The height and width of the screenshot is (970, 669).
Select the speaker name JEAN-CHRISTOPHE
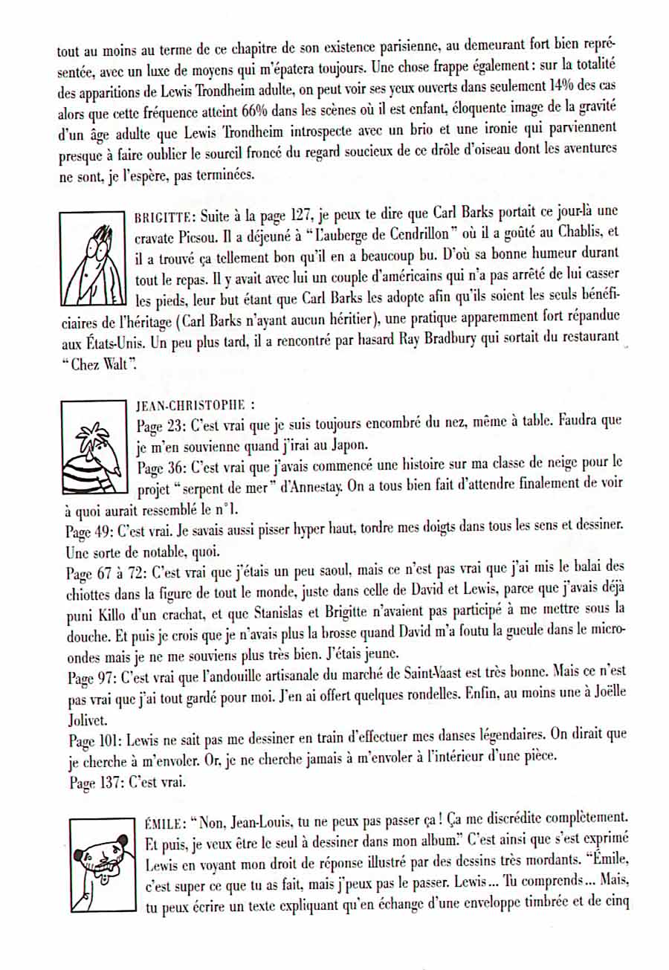tap(190, 407)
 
